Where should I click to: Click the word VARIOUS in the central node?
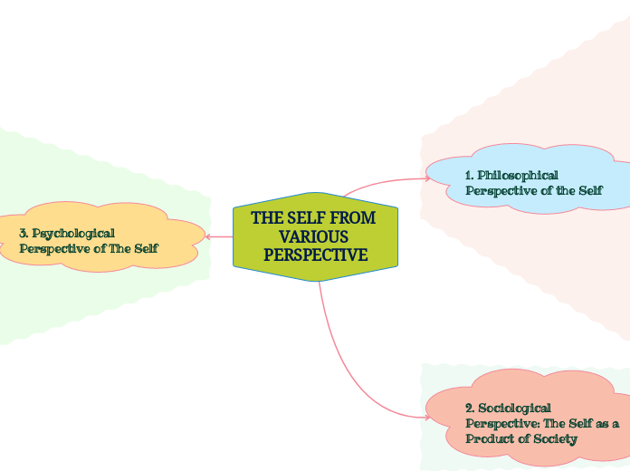[x=314, y=236]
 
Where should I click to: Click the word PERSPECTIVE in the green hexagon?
[x=315, y=255]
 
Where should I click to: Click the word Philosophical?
[x=518, y=175]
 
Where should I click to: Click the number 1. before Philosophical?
[x=470, y=175]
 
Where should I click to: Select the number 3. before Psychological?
[x=24, y=233]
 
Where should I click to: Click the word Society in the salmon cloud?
[x=553, y=438]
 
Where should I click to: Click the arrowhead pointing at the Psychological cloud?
[x=208, y=236]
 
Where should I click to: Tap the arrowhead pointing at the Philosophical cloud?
[x=427, y=178]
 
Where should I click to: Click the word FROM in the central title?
[x=354, y=218]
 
